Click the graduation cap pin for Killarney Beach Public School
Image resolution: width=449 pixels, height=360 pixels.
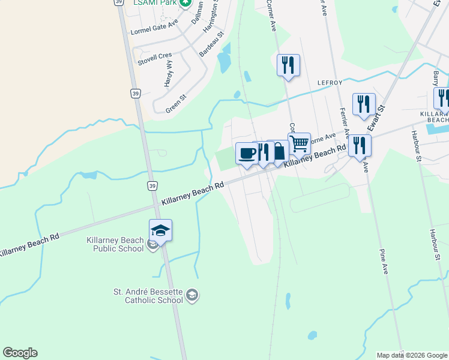click(160, 230)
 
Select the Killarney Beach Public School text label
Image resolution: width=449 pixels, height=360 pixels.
click(115, 244)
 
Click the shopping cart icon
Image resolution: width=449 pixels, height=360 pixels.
click(299, 144)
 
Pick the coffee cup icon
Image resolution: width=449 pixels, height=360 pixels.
click(247, 154)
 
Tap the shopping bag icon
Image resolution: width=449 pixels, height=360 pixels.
click(279, 151)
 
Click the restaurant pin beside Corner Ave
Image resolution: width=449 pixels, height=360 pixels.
click(288, 65)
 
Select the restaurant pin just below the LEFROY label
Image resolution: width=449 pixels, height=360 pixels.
click(364, 104)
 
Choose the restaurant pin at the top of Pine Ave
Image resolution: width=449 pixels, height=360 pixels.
click(360, 145)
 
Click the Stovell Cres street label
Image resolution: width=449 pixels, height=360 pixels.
click(155, 58)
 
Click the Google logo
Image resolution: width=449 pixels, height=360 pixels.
click(20, 353)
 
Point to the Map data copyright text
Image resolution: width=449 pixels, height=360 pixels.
click(412, 355)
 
